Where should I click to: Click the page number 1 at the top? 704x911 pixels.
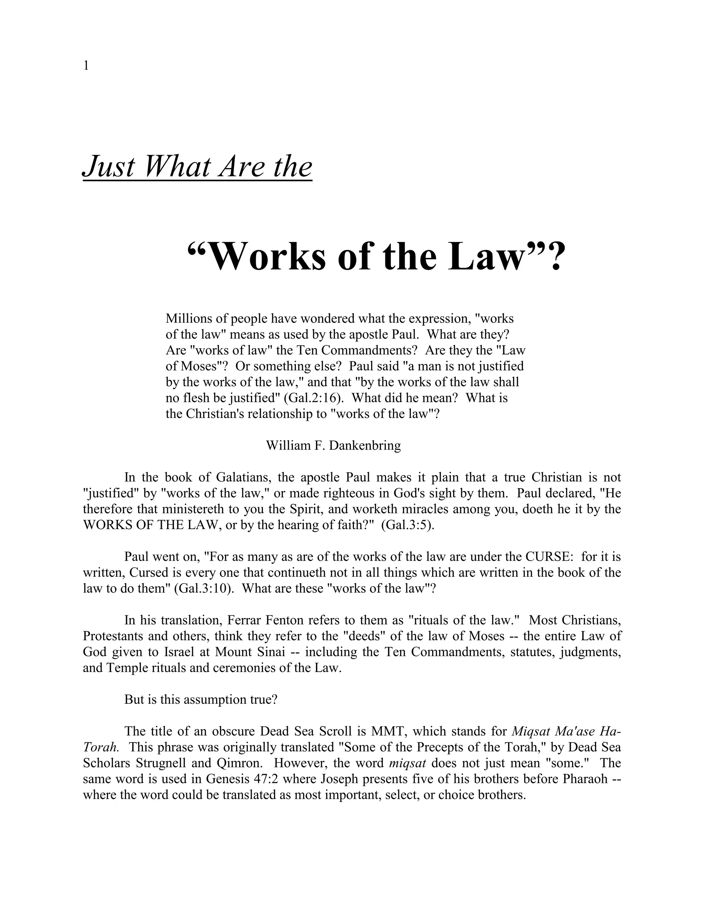(x=86, y=66)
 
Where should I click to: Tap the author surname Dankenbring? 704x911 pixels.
(x=365, y=446)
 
